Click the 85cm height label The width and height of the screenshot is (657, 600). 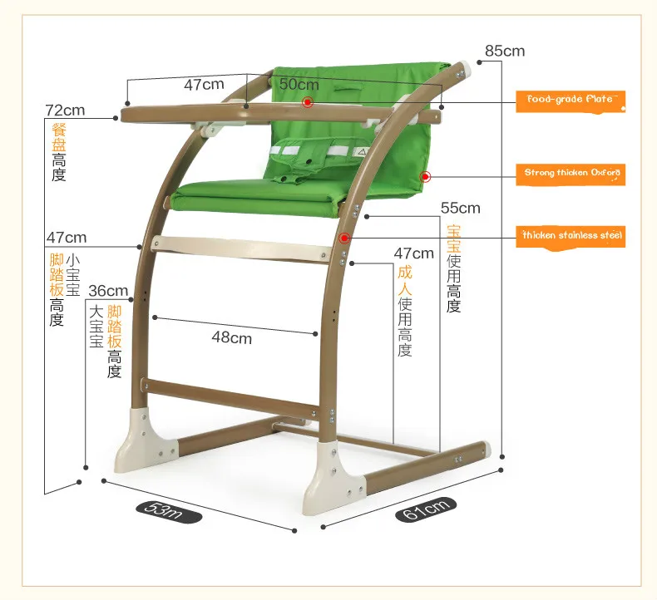pos(505,51)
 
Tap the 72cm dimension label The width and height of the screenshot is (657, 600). pos(65,111)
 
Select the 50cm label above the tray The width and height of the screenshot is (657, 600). pos(299,84)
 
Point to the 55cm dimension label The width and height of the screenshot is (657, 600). pos(460,208)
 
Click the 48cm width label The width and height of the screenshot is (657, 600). pos(232,337)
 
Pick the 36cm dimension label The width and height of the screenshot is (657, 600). pos(108,291)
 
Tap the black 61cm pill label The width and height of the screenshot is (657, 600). pos(426,509)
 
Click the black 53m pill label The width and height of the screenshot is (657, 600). pos(169,512)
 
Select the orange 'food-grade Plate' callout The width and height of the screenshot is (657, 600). pos(571,101)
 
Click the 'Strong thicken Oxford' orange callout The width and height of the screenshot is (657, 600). pos(571,175)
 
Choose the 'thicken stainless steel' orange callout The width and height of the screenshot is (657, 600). pos(571,237)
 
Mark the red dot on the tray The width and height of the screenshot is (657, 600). pos(308,102)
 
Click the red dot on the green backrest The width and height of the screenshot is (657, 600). pos(426,177)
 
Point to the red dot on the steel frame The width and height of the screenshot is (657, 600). pos(344,239)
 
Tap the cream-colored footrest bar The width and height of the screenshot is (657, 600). pos(241,248)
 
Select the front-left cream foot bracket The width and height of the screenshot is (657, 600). pos(146,441)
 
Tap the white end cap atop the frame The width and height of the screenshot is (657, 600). pos(466,67)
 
